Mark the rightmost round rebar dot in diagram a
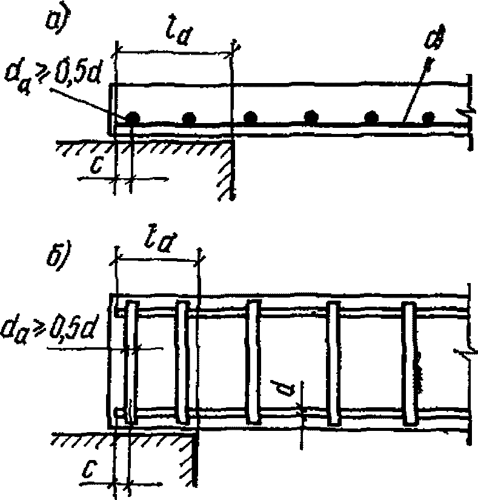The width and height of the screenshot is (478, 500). (429, 117)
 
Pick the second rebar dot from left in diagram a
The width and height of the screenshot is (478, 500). (189, 117)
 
